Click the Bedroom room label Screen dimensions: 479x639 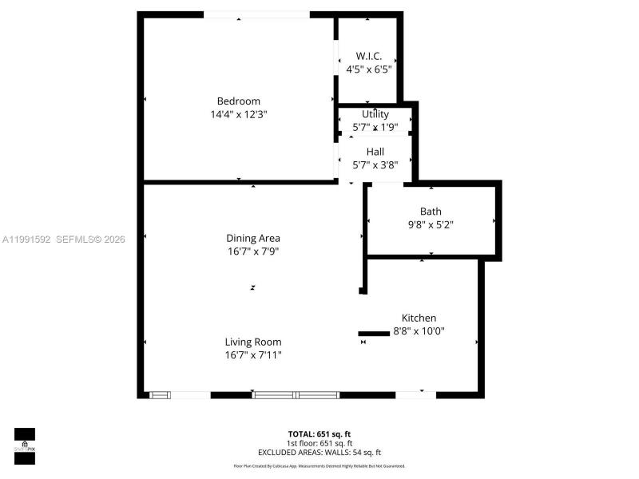coord(239,101)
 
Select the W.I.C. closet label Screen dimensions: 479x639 coord(368,56)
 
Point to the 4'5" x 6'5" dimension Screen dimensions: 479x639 coord(368,69)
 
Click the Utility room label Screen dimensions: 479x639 coord(375,114)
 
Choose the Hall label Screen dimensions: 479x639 coord(375,152)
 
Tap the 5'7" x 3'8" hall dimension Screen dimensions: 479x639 coord(375,165)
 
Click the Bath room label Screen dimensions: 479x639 coord(431,212)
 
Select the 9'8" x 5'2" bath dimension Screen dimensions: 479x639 coord(431,225)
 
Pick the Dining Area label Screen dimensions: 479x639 coord(253,238)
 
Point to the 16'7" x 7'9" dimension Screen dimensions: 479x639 coord(253,251)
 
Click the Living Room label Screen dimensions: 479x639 coord(253,342)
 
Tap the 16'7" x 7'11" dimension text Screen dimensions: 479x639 coord(253,354)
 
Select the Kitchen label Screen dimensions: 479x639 coord(419,318)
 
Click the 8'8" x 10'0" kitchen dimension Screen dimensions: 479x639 coord(419,331)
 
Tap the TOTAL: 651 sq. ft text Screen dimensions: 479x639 coord(319,434)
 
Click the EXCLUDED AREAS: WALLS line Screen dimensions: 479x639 coord(319,452)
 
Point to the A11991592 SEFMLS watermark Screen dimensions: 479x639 coord(65,239)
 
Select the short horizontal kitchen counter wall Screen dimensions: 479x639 coord(372,334)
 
